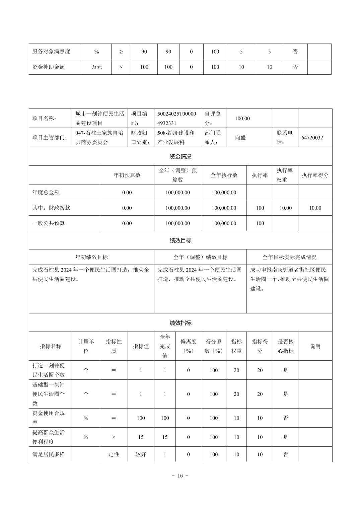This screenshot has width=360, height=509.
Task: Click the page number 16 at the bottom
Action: point(180,476)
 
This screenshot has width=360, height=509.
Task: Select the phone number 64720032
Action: point(312,138)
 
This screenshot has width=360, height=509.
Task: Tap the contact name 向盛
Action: point(240,138)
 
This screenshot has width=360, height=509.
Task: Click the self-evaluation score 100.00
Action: point(242,119)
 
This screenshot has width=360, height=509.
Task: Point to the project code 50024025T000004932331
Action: point(177,119)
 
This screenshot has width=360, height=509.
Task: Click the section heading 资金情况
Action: point(181,156)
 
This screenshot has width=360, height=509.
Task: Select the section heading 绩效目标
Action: point(181,240)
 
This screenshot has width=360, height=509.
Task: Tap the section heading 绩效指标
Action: point(181,323)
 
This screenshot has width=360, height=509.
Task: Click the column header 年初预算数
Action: point(127,175)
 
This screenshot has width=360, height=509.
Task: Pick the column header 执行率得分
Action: point(315,175)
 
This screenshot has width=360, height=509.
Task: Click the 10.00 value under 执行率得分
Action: point(315,208)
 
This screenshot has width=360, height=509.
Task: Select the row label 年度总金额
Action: point(46,193)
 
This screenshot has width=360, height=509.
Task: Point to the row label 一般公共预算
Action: point(49,223)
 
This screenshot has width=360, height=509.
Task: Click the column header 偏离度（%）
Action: point(188,346)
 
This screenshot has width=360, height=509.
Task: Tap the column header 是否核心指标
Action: point(285,346)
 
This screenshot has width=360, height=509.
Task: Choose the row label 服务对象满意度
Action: point(51,52)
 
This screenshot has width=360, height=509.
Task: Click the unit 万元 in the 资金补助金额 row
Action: point(96,67)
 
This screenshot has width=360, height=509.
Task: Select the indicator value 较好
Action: point(141,454)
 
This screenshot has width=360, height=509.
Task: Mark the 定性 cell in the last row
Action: point(114,454)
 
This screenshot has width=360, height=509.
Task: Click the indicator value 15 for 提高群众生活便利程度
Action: point(141,437)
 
